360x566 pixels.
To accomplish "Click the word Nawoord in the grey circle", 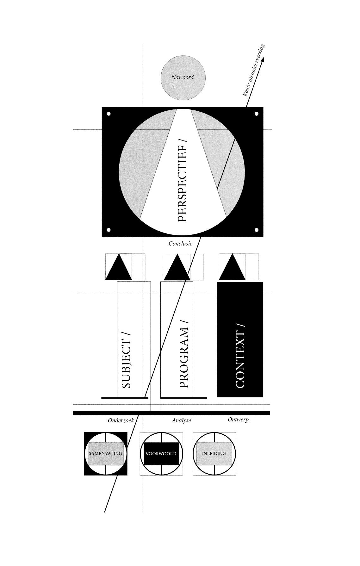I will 183,77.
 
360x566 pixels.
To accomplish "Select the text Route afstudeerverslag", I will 254,71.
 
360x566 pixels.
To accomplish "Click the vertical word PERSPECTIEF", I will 183,181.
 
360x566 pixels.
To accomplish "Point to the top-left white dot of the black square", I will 109,114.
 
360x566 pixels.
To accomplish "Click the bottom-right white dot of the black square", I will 257,230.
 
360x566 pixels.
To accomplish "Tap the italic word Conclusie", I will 180,244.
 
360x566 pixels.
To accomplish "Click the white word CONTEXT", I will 241,356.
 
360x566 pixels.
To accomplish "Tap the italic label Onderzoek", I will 121,420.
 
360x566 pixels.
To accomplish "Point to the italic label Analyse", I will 182,420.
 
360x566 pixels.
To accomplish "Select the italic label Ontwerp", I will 238,420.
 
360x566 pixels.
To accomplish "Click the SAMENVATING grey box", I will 105,454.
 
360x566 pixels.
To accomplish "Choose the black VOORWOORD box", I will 161,454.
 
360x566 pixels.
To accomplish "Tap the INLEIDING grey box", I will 214,453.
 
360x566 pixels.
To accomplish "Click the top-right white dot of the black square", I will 257,114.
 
